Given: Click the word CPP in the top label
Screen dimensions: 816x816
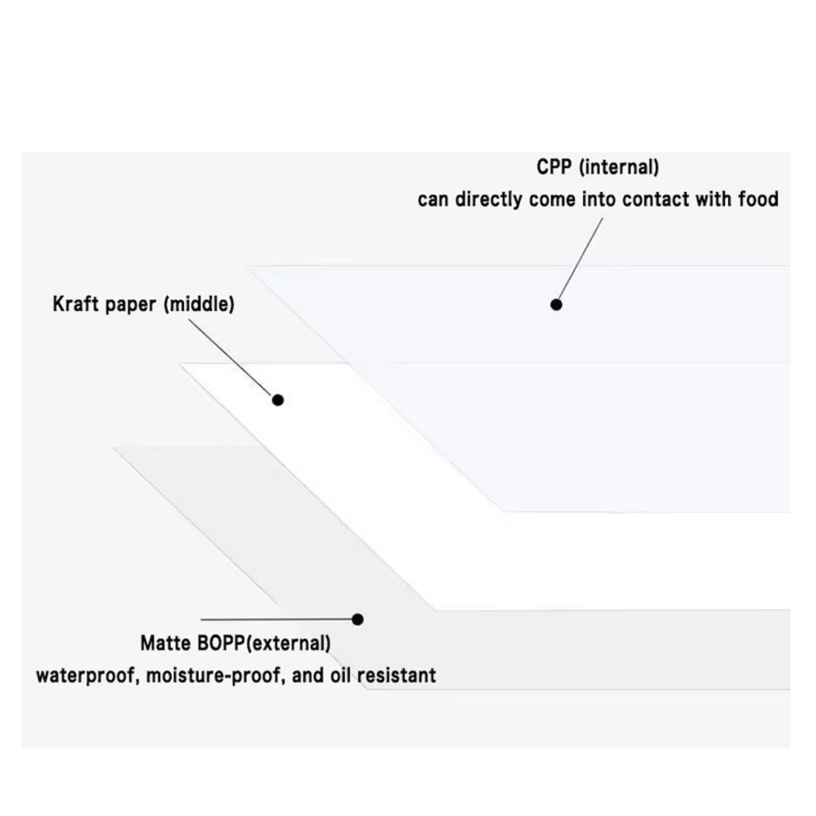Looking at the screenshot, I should point(554,167).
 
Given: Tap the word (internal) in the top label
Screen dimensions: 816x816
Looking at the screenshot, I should point(619,167).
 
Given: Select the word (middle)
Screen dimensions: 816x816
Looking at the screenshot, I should point(199,305).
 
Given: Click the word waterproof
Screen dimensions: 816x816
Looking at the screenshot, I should point(86,675).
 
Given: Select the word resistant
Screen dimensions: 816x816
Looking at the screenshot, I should point(397,675).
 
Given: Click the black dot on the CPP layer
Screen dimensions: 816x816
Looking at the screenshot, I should point(556,305).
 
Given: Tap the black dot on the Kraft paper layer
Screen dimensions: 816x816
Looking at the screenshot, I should point(277,399).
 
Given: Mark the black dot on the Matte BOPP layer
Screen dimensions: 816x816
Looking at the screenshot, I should point(357,619).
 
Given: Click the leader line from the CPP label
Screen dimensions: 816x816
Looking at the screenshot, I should point(580,260).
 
